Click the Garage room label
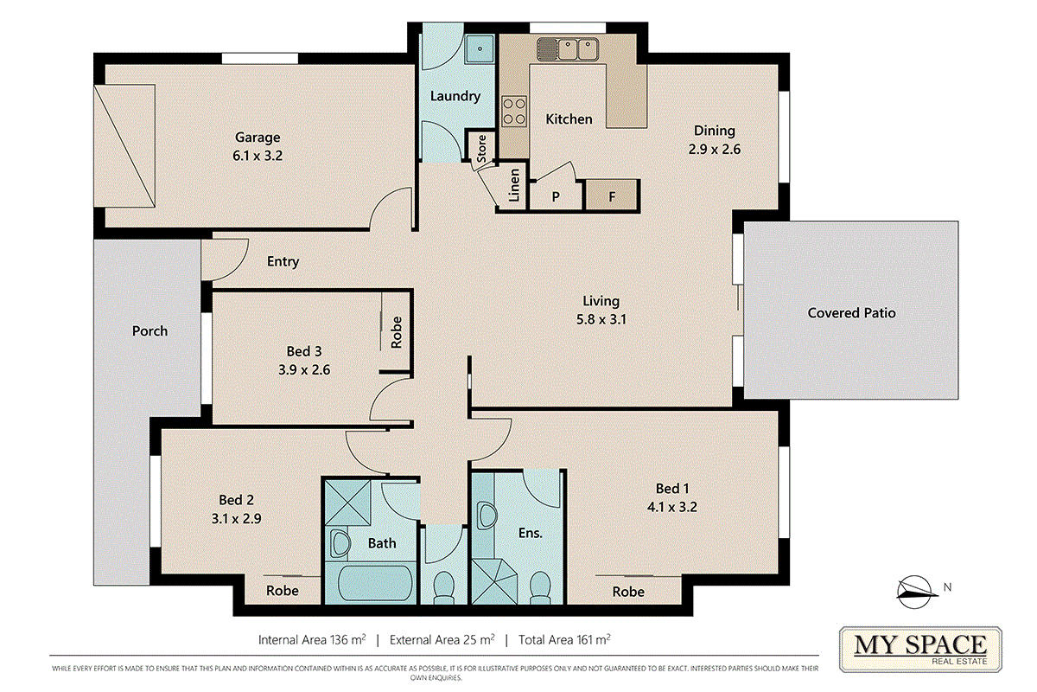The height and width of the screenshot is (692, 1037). point(258,138)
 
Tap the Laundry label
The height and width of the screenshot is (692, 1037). point(455,96)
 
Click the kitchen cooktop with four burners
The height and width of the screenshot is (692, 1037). point(514,112)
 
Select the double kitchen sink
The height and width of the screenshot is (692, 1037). point(568,49)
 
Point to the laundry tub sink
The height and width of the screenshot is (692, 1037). point(480,48)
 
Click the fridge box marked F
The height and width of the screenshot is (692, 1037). point(612,195)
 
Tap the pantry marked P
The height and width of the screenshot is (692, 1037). point(556,196)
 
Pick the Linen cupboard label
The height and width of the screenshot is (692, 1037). point(514,185)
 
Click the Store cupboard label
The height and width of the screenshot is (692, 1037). point(481,149)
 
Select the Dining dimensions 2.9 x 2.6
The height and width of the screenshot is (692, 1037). point(715,150)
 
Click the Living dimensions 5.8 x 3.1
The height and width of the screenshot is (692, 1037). point(601,319)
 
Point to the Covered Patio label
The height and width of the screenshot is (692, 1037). point(851,313)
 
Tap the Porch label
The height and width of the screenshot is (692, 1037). point(150,331)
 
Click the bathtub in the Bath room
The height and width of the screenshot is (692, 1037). point(375,583)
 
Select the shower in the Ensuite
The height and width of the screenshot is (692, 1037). point(494,581)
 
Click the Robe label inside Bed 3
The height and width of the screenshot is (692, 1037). point(397,332)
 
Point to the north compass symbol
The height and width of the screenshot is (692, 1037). point(915,593)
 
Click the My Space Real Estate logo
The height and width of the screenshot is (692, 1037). point(920,650)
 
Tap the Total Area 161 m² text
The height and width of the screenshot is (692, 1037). point(564,639)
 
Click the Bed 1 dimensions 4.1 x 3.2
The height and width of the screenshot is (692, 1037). point(672,507)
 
